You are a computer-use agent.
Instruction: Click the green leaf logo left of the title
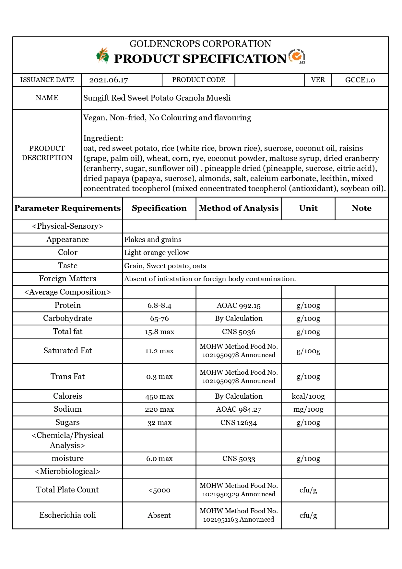tap(103, 55)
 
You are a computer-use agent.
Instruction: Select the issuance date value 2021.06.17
tap(109, 80)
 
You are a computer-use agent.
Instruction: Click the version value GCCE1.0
tap(360, 80)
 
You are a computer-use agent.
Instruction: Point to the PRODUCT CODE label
tap(198, 80)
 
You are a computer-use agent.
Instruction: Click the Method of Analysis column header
tap(239, 208)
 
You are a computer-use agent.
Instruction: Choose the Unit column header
tap(308, 208)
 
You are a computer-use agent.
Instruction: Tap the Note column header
tap(361, 208)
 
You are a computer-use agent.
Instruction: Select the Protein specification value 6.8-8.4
tap(159, 306)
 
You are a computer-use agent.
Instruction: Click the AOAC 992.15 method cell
tap(239, 306)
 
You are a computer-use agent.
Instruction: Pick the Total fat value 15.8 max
tap(159, 332)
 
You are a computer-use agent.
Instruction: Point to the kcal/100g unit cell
tap(308, 396)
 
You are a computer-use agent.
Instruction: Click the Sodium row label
tap(67, 409)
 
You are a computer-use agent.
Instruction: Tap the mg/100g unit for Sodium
tap(308, 409)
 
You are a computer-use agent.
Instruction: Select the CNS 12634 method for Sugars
tap(239, 423)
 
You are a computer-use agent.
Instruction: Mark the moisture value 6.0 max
tap(159, 459)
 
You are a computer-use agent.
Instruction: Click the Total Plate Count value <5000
tap(159, 490)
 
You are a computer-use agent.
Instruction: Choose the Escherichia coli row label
tap(67, 515)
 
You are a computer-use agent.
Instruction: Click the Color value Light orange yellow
tap(156, 253)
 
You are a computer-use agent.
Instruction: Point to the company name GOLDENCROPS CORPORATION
tap(200, 44)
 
